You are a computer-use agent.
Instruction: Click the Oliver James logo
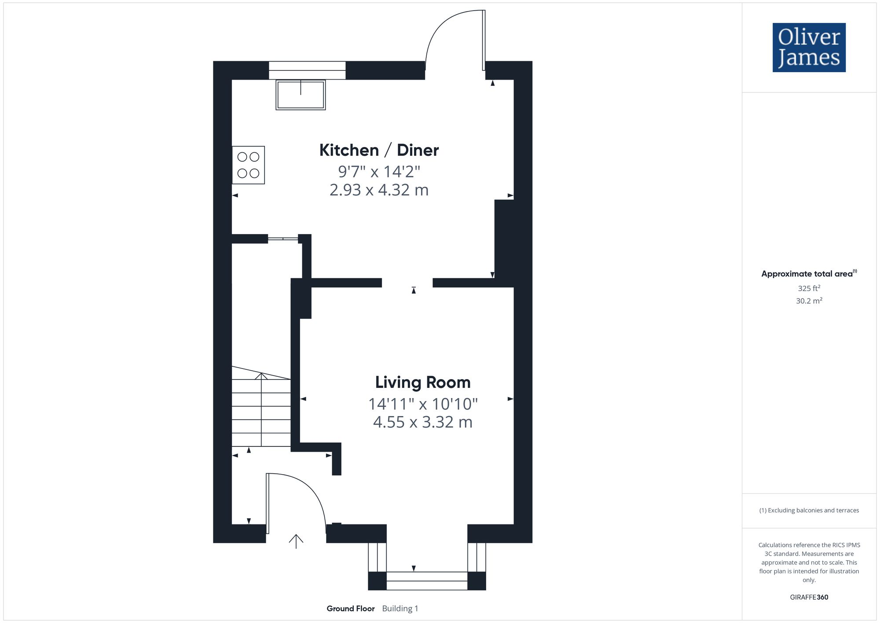809,48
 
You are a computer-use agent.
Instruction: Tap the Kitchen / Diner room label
379,150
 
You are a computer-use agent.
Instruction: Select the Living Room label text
422,382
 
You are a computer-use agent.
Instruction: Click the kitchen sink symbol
301,95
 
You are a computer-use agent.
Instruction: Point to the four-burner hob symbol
248,165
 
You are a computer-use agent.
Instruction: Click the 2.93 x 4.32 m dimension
379,190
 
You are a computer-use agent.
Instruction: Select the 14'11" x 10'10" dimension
422,403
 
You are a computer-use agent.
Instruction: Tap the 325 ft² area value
809,288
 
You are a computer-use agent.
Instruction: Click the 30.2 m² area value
809,301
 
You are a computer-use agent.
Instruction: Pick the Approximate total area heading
809,273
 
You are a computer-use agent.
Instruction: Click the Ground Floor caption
350,608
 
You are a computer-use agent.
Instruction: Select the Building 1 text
400,608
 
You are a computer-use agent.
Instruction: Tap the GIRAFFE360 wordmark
809,597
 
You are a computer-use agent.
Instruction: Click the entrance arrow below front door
296,541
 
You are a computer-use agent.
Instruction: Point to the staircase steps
261,412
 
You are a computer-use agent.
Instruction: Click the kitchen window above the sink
307,70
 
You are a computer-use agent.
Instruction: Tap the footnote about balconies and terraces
809,510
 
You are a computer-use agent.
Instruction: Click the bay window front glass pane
426,581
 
